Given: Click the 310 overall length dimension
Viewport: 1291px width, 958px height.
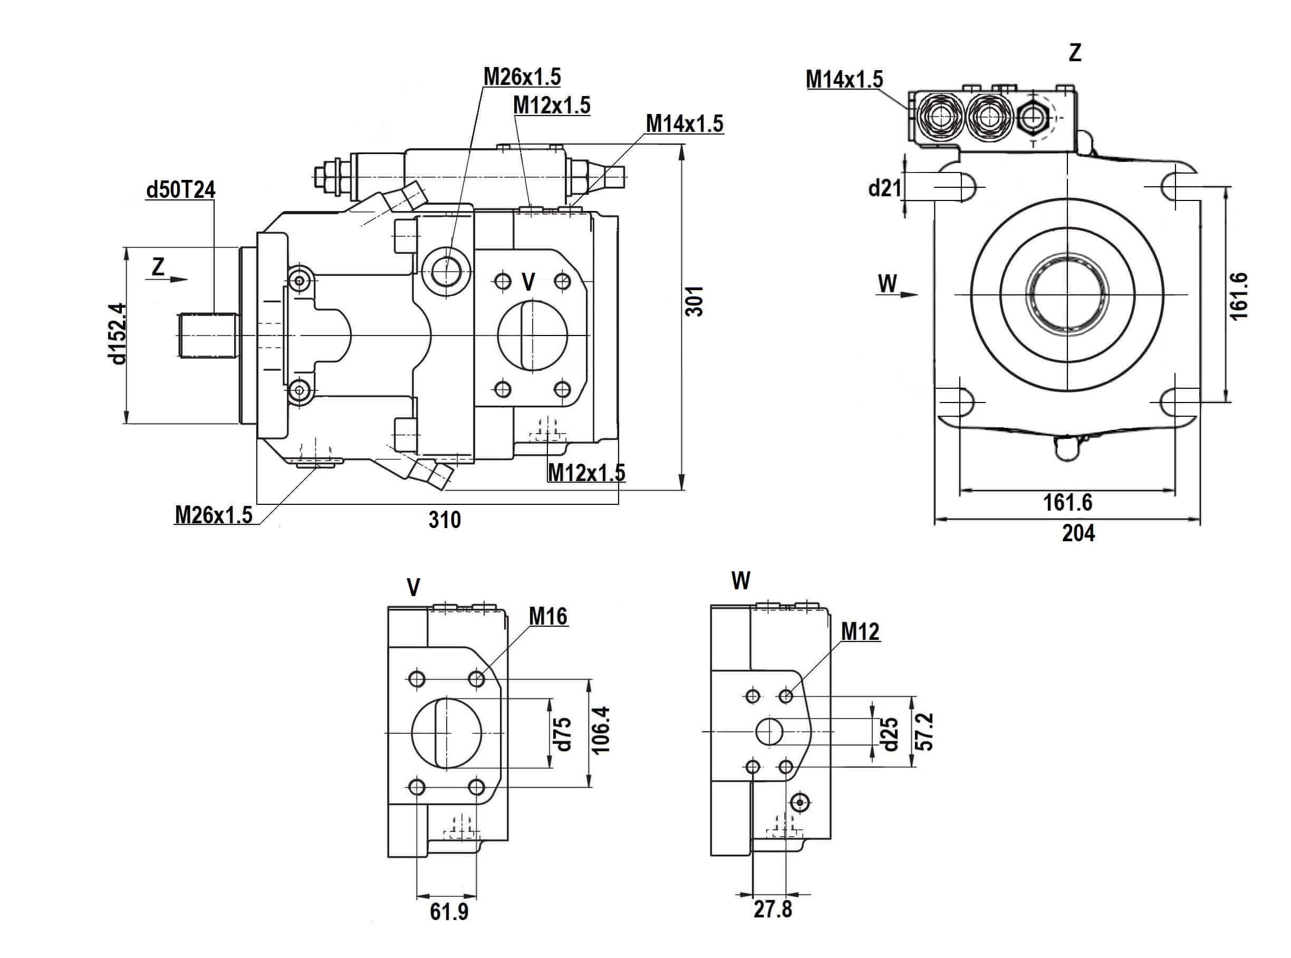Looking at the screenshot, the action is pyautogui.click(x=445, y=520).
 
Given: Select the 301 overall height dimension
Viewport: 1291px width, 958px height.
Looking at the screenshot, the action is pyautogui.click(x=695, y=300).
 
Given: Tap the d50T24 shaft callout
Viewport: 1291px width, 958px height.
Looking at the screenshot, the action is pyautogui.click(x=180, y=189).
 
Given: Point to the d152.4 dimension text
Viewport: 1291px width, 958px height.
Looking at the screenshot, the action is pyautogui.click(x=116, y=333).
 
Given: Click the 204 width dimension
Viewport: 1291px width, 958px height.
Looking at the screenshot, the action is pyautogui.click(x=1078, y=533).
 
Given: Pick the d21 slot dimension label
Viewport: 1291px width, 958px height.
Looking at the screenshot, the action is pyautogui.click(x=884, y=187).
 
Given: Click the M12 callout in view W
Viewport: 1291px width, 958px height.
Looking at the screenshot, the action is pyautogui.click(x=860, y=631).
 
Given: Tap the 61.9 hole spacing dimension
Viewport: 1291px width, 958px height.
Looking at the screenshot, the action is pyautogui.click(x=449, y=912).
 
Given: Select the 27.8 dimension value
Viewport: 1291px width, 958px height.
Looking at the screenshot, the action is pyautogui.click(x=773, y=909).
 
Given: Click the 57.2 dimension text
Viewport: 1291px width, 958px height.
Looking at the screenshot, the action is pyautogui.click(x=926, y=731).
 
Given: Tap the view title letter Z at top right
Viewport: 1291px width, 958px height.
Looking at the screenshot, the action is pyautogui.click(x=1075, y=53).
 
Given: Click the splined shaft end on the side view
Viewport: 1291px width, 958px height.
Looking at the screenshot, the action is pyautogui.click(x=208, y=335).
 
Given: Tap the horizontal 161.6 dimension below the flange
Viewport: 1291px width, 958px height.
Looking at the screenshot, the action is pyautogui.click(x=1067, y=502).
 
